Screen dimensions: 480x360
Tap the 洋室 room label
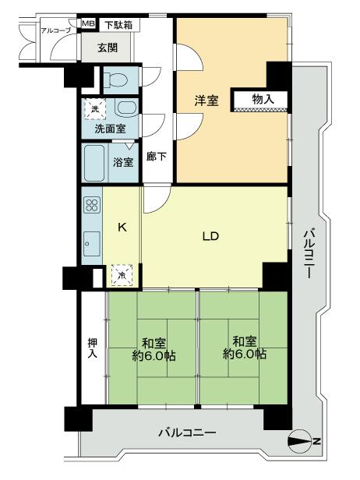205,99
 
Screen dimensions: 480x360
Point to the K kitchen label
122,228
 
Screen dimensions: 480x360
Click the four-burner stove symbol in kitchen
91,206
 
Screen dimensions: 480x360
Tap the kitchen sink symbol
90,244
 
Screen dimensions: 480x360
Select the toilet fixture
118,79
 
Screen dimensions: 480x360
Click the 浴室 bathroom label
122,163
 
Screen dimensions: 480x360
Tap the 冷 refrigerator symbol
122,274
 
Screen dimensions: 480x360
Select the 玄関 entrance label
108,47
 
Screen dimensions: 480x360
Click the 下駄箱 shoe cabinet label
118,25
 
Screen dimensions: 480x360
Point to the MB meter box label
88,25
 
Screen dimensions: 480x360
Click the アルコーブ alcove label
55,30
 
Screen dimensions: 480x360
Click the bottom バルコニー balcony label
186,431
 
